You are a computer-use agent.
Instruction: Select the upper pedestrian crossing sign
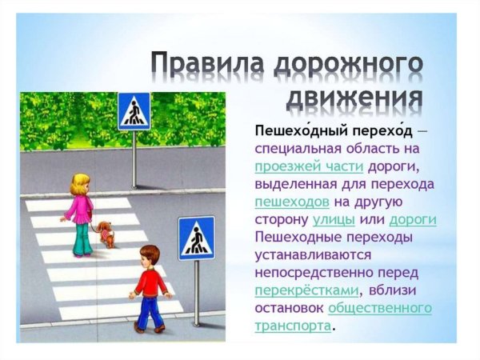tap(134, 111)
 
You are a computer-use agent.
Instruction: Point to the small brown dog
tap(106, 234)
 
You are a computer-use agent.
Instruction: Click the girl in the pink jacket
tap(81, 212)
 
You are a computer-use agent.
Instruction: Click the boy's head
tap(149, 257)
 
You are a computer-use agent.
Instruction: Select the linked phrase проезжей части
tap(309, 166)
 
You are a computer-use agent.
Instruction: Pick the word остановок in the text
tap(289, 307)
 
